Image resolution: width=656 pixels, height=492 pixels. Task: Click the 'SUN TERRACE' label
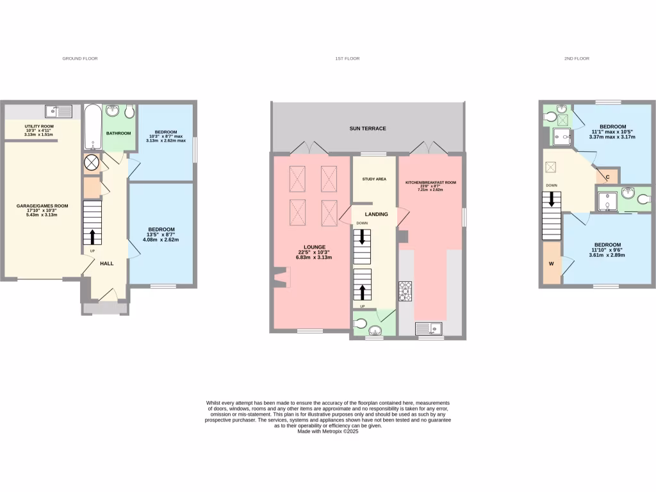pyautogui.click(x=368, y=129)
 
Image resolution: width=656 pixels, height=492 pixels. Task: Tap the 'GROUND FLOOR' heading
pyautogui.click(x=79, y=58)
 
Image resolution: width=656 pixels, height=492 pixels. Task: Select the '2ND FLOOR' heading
pyautogui.click(x=577, y=58)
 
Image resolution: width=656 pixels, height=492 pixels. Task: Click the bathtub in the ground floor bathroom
pyautogui.click(x=92, y=127)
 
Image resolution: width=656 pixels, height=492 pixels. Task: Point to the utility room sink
pyautogui.click(x=63, y=111)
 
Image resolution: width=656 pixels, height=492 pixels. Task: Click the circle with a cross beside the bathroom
pyautogui.click(x=92, y=163)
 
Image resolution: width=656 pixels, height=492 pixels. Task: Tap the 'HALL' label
pyautogui.click(x=107, y=263)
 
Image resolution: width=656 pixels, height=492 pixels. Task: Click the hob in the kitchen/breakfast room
pyautogui.click(x=405, y=291)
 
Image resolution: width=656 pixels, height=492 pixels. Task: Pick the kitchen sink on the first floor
pyautogui.click(x=430, y=329)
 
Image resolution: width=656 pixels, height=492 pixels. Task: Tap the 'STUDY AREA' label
pyautogui.click(x=374, y=179)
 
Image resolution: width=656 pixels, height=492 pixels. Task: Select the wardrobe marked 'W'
pyautogui.click(x=551, y=263)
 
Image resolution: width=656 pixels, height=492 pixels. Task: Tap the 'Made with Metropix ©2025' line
pyautogui.click(x=327, y=432)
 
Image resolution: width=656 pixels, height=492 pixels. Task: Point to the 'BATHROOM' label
pyautogui.click(x=119, y=133)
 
